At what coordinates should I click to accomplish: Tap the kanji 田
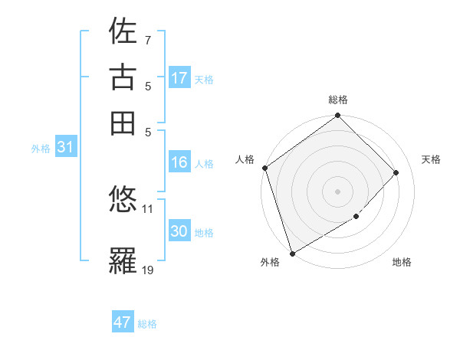123,123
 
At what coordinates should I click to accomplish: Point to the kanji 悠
123,201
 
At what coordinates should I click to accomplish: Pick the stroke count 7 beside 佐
147,40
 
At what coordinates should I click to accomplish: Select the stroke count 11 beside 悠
148,208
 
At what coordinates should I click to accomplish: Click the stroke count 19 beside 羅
148,270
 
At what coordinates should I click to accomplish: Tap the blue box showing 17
179,78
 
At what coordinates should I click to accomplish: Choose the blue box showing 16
179,162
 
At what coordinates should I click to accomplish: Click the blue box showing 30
179,231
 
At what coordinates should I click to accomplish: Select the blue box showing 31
65,147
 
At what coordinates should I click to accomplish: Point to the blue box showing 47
123,322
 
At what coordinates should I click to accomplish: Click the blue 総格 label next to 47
147,324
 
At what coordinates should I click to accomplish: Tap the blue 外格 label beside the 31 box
41,149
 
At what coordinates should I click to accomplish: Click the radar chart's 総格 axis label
337,100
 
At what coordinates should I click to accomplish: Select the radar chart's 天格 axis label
431,159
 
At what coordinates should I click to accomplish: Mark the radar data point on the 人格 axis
264,168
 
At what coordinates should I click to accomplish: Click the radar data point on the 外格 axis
292,253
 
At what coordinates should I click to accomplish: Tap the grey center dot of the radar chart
337,191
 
